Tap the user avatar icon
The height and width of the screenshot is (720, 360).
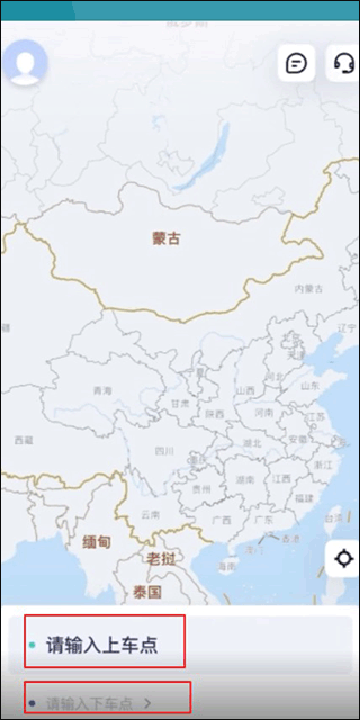25,63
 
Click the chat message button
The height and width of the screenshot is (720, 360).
297,63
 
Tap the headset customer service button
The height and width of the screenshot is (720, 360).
343,63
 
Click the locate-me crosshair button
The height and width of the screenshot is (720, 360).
344,558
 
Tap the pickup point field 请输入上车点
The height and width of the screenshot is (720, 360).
101,645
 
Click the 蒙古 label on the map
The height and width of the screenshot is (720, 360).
166,238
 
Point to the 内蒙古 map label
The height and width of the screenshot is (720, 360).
307,288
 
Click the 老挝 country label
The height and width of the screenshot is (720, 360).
161,557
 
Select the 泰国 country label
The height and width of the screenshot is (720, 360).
147,592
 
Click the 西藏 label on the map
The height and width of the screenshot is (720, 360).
24,439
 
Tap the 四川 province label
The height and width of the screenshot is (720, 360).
163,451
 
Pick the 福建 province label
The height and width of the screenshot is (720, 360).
303,497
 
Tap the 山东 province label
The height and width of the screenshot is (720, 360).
310,385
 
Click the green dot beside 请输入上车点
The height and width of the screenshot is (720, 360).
32,645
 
